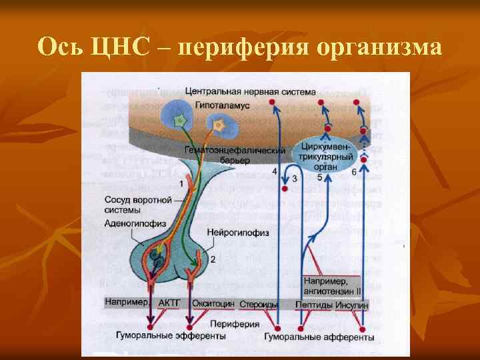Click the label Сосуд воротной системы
point(138,205)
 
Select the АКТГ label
point(169,303)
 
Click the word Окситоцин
point(213,303)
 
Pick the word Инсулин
point(352,304)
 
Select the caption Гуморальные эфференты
point(171,337)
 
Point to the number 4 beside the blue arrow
point(275,172)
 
